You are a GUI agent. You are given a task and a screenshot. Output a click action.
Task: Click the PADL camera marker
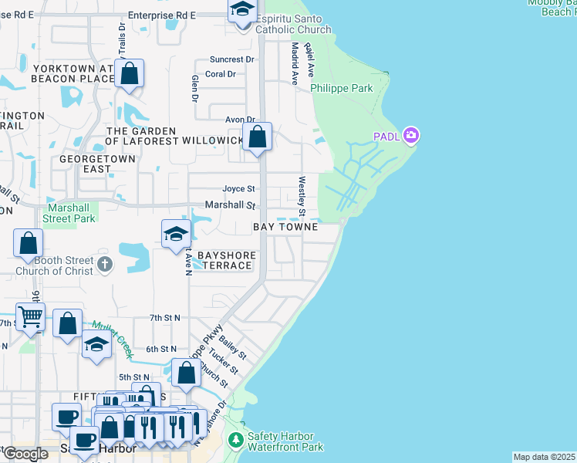tap(411, 137)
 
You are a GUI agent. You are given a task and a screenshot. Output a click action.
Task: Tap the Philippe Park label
tap(342, 89)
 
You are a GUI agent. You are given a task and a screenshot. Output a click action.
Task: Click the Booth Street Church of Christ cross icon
tap(106, 265)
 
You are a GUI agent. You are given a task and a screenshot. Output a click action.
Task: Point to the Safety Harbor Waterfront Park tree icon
tap(236, 440)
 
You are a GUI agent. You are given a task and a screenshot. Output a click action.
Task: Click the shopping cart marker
tap(30, 316)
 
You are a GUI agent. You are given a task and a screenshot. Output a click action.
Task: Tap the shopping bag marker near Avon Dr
tap(258, 137)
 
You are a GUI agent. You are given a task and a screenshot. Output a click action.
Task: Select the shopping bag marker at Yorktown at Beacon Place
tap(130, 74)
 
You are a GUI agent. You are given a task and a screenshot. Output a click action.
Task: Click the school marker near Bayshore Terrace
tap(176, 233)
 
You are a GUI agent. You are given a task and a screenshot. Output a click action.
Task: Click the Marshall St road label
tap(230, 205)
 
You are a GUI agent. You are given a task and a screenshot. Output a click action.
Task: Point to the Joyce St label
tap(238, 189)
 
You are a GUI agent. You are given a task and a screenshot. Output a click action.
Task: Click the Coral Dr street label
tap(220, 74)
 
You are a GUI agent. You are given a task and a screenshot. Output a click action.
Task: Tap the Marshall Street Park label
tap(71, 213)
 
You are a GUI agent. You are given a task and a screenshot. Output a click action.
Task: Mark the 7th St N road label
tap(165, 318)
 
